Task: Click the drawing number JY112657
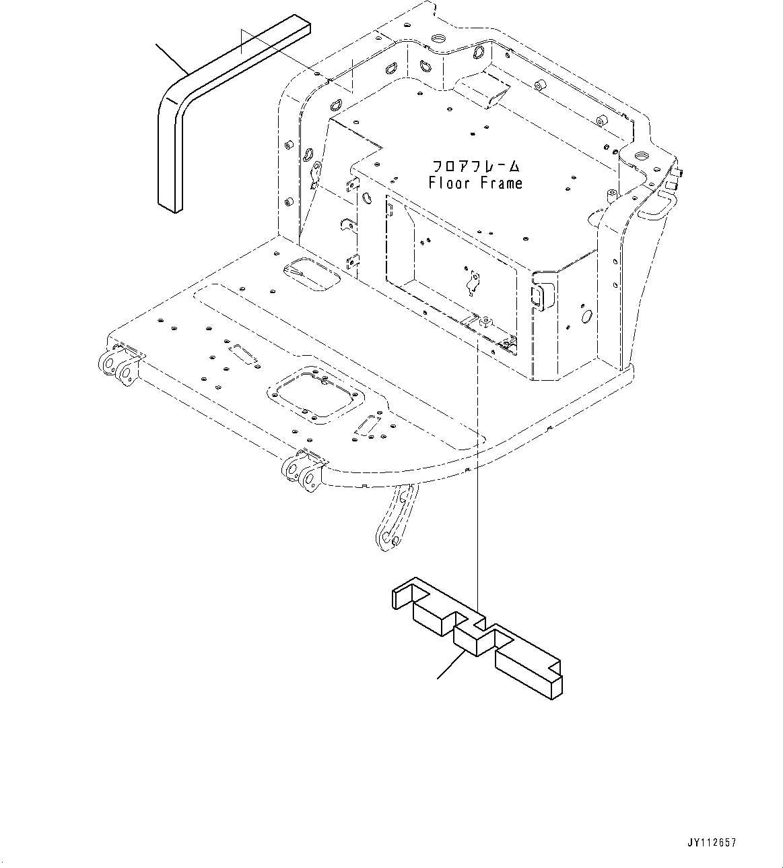coord(711,843)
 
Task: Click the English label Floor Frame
coord(475,183)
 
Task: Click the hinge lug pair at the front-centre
coord(304,472)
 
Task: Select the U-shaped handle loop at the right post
coord(656,205)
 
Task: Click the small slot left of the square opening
coord(243,354)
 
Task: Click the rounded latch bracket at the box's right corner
coord(541,294)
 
